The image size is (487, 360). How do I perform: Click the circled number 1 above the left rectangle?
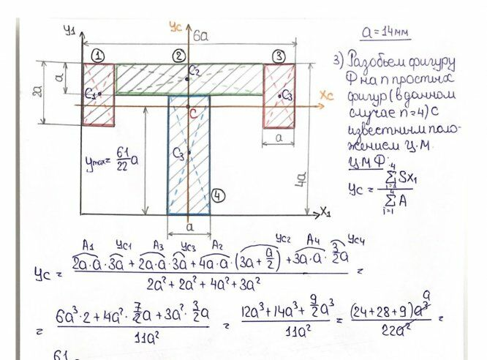tap(99, 56)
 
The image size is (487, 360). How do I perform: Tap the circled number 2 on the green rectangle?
tap(178, 56)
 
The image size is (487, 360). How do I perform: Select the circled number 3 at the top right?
tap(278, 56)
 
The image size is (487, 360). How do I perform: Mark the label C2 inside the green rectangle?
tap(193, 70)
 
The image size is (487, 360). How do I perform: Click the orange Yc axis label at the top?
tap(175, 27)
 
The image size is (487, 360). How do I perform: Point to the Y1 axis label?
tap(69, 30)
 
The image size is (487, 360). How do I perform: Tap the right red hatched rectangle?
tap(279, 96)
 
